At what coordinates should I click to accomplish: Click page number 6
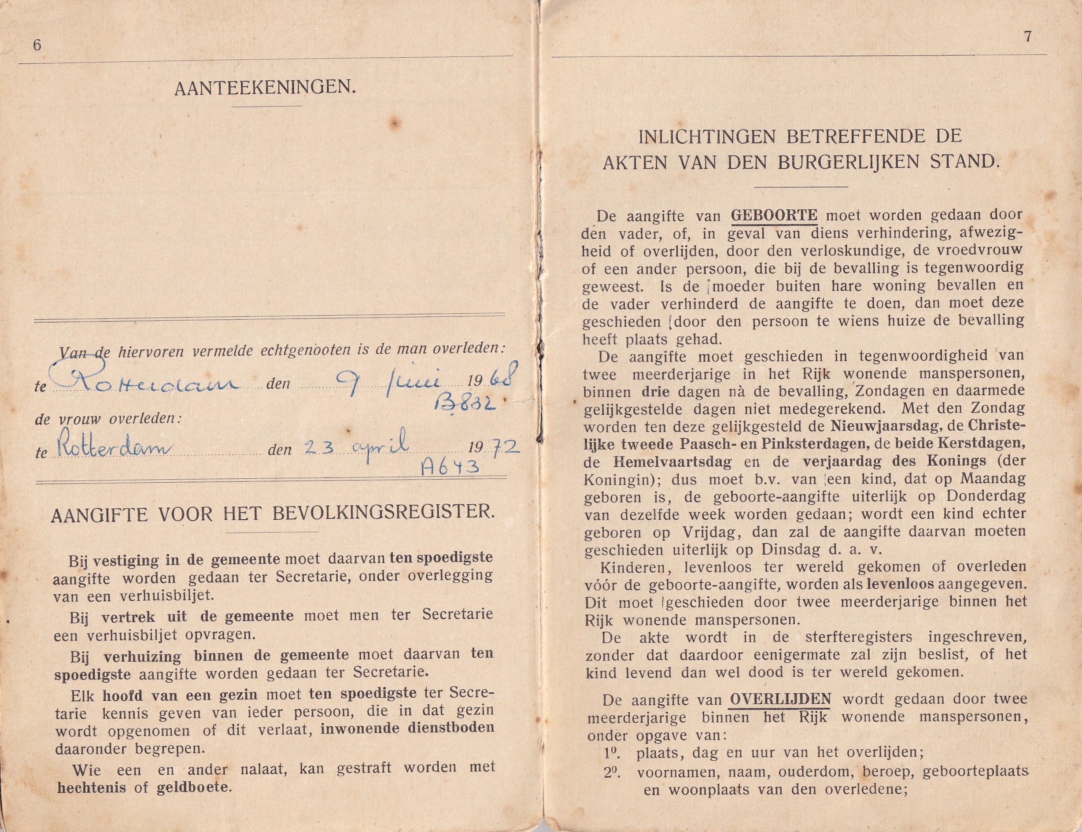click(36, 45)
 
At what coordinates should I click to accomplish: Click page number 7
click(1028, 37)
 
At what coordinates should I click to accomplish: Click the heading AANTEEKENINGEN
click(265, 89)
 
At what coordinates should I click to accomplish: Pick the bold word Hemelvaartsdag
click(672, 462)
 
